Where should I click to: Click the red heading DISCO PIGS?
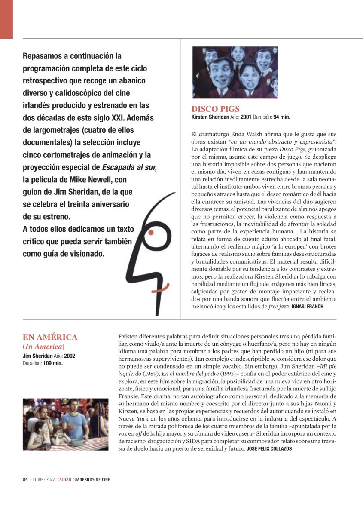(215, 109)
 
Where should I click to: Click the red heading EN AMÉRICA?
(50, 337)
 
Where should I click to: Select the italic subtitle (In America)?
(43, 347)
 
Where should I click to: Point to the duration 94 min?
(282, 117)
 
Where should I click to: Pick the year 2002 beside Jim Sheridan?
(70, 356)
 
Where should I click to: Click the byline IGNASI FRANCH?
(307, 307)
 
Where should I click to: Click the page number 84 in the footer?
(25, 479)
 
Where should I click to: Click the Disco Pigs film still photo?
(235, 72)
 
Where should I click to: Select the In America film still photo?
(65, 424)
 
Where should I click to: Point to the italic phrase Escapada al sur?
(129, 167)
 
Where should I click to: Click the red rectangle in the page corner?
(6, 19)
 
